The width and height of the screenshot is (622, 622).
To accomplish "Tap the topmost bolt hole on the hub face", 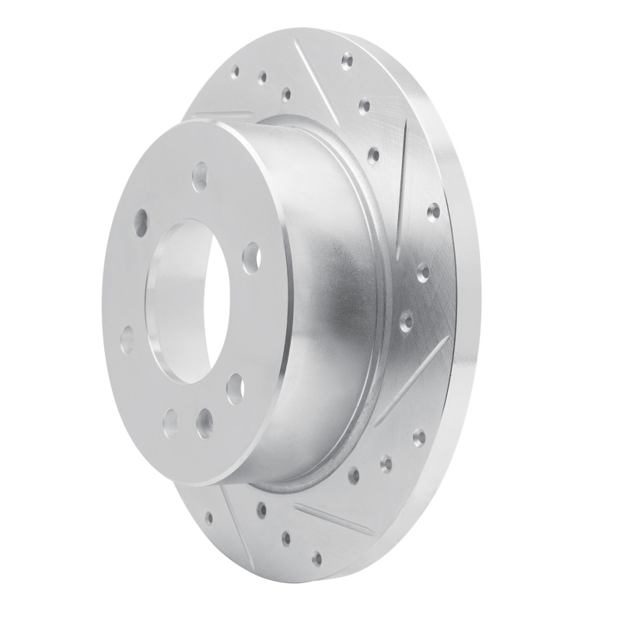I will click(x=200, y=172).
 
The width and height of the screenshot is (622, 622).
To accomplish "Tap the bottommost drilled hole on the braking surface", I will click(x=316, y=557).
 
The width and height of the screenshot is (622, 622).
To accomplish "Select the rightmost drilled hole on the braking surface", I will click(x=433, y=211).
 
